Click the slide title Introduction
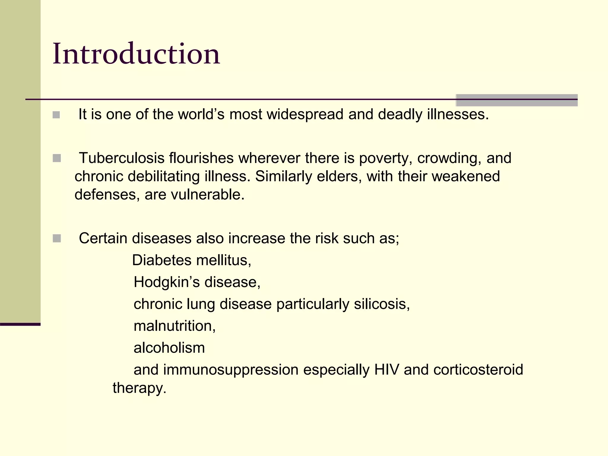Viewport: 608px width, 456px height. [136, 54]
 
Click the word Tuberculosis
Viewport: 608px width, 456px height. [121, 158]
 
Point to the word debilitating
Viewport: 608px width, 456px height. [164, 176]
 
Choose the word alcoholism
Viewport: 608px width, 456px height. [169, 348]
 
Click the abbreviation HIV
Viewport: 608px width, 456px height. [387, 370]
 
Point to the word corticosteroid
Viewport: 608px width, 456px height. [478, 370]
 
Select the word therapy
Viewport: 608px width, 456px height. [139, 388]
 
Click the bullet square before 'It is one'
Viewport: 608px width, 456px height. [56, 115]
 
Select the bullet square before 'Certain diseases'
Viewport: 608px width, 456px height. [57, 238]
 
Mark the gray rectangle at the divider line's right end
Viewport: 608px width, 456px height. [517, 100]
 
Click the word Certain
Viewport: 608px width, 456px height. [103, 238]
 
